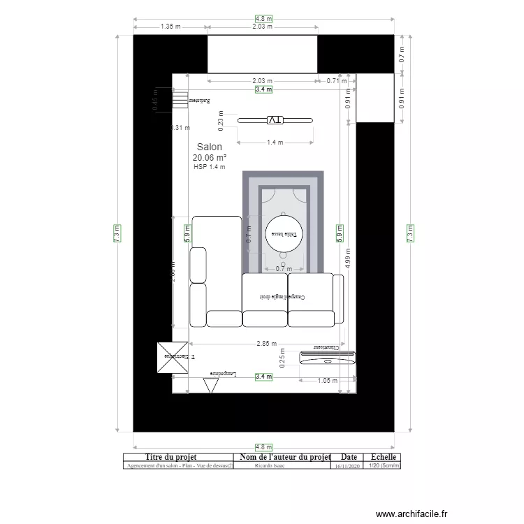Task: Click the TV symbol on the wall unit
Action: (275, 120)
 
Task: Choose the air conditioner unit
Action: (328, 358)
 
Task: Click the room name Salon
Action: (210, 147)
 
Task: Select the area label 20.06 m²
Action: (210, 159)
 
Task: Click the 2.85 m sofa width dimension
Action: (266, 344)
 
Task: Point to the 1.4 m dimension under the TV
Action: (275, 143)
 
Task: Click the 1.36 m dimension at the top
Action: (170, 27)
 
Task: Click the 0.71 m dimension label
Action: (337, 81)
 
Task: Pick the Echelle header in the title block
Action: (383, 458)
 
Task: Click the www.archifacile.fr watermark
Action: (411, 514)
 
